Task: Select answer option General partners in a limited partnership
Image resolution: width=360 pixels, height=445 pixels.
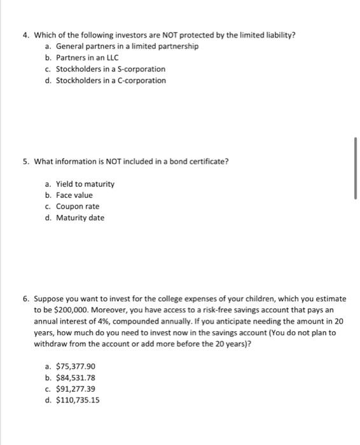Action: click(127, 46)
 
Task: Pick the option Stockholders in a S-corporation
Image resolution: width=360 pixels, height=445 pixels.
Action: click(111, 69)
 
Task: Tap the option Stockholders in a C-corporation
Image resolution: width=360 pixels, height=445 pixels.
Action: click(111, 81)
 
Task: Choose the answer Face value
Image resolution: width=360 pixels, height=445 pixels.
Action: click(74, 195)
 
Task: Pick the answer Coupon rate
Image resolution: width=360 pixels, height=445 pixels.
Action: click(78, 207)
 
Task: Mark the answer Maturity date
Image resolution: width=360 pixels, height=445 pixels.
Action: click(80, 218)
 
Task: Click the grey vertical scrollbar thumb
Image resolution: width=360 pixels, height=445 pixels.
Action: click(356, 168)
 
